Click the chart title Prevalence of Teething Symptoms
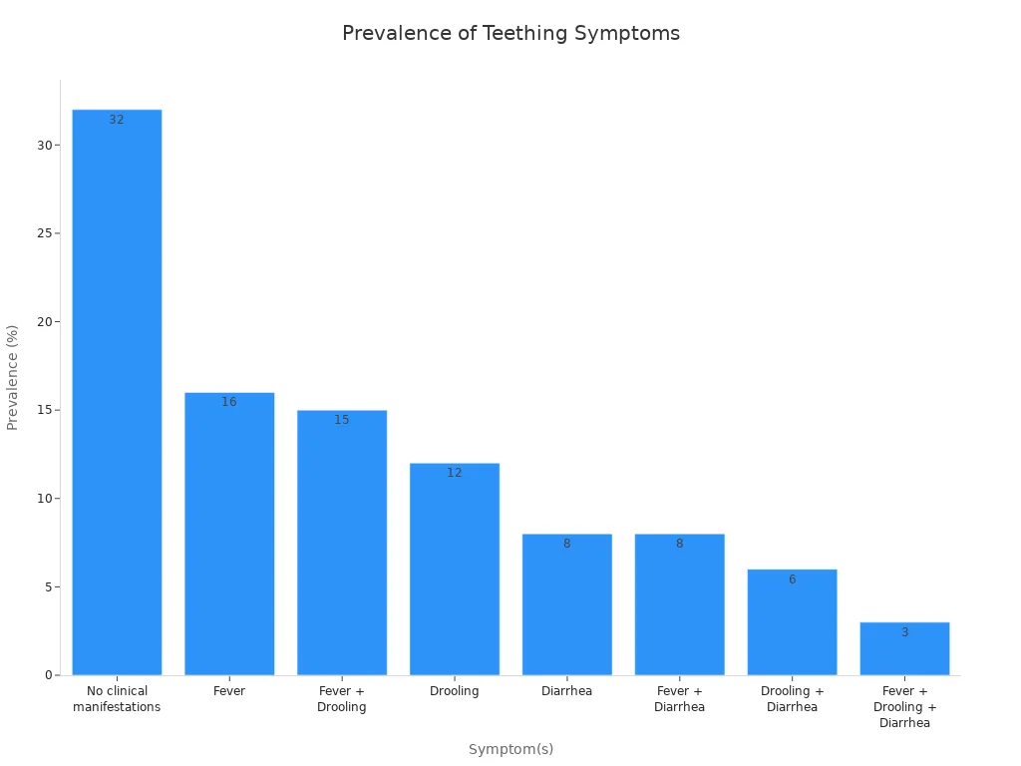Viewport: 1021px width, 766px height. pyautogui.click(x=510, y=33)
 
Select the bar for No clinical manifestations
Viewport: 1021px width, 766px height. pyautogui.click(x=117, y=399)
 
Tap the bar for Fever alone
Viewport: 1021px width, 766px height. pyautogui.click(x=229, y=539)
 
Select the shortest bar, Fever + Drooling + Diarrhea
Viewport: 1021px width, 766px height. pyautogui.click(x=904, y=650)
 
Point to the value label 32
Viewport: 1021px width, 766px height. pyautogui.click(x=117, y=120)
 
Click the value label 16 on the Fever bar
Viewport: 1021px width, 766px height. pyautogui.click(x=229, y=402)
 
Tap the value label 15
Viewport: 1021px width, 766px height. pyautogui.click(x=342, y=420)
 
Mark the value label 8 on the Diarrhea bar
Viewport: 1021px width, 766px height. pyautogui.click(x=566, y=544)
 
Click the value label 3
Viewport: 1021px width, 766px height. pyautogui.click(x=904, y=632)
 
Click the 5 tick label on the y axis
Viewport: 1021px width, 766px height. pyautogui.click(x=48, y=587)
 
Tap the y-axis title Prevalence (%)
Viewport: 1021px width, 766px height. pyautogui.click(x=13, y=377)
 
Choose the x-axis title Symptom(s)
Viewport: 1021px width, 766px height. pyautogui.click(x=510, y=749)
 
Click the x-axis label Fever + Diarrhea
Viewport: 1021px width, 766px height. pyautogui.click(x=679, y=699)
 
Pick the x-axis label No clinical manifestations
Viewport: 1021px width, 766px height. pyautogui.click(x=117, y=699)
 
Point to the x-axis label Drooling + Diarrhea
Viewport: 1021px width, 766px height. pyautogui.click(x=792, y=699)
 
